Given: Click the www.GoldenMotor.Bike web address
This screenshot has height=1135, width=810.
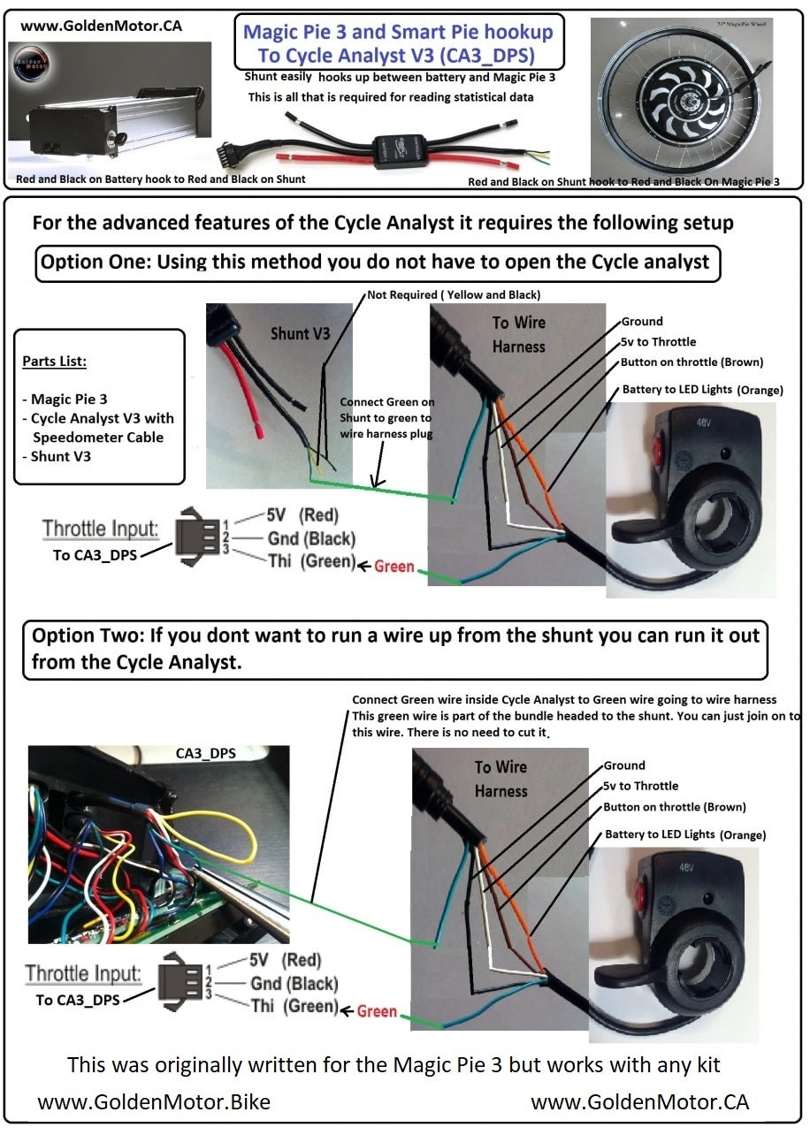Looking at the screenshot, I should click(154, 1102).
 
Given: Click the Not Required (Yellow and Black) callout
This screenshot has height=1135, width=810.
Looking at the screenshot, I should click(454, 293).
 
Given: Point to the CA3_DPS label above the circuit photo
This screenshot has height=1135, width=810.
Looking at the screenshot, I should click(205, 754).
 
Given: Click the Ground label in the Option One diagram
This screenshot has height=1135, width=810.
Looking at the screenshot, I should click(642, 322).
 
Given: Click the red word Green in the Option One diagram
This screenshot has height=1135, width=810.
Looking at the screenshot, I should click(394, 566).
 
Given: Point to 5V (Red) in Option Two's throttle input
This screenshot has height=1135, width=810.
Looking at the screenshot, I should click(286, 960).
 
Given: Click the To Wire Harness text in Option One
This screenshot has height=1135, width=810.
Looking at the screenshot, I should click(518, 334).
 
